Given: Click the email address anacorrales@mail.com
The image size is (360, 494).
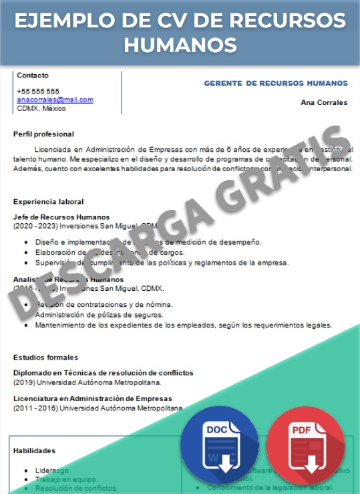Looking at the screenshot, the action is (55, 100).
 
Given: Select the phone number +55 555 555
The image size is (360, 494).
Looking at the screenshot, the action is (37, 92).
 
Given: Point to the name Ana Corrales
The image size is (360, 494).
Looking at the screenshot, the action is (324, 103).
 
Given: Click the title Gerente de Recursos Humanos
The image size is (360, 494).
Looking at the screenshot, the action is (275, 84).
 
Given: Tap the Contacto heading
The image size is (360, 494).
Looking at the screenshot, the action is (32, 76).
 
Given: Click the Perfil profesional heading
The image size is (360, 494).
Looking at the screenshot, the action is (43, 134).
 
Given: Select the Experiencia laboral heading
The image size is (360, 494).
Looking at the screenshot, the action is (48, 201).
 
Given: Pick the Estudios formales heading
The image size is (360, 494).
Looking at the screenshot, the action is (45, 358).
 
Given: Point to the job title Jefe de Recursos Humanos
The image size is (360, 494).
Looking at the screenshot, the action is (61, 217).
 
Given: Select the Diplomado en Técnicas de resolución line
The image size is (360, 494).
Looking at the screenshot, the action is (103, 372).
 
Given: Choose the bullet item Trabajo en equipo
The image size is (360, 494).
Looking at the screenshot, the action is (66, 479).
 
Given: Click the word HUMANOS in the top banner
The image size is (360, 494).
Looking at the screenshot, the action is (180, 45).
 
